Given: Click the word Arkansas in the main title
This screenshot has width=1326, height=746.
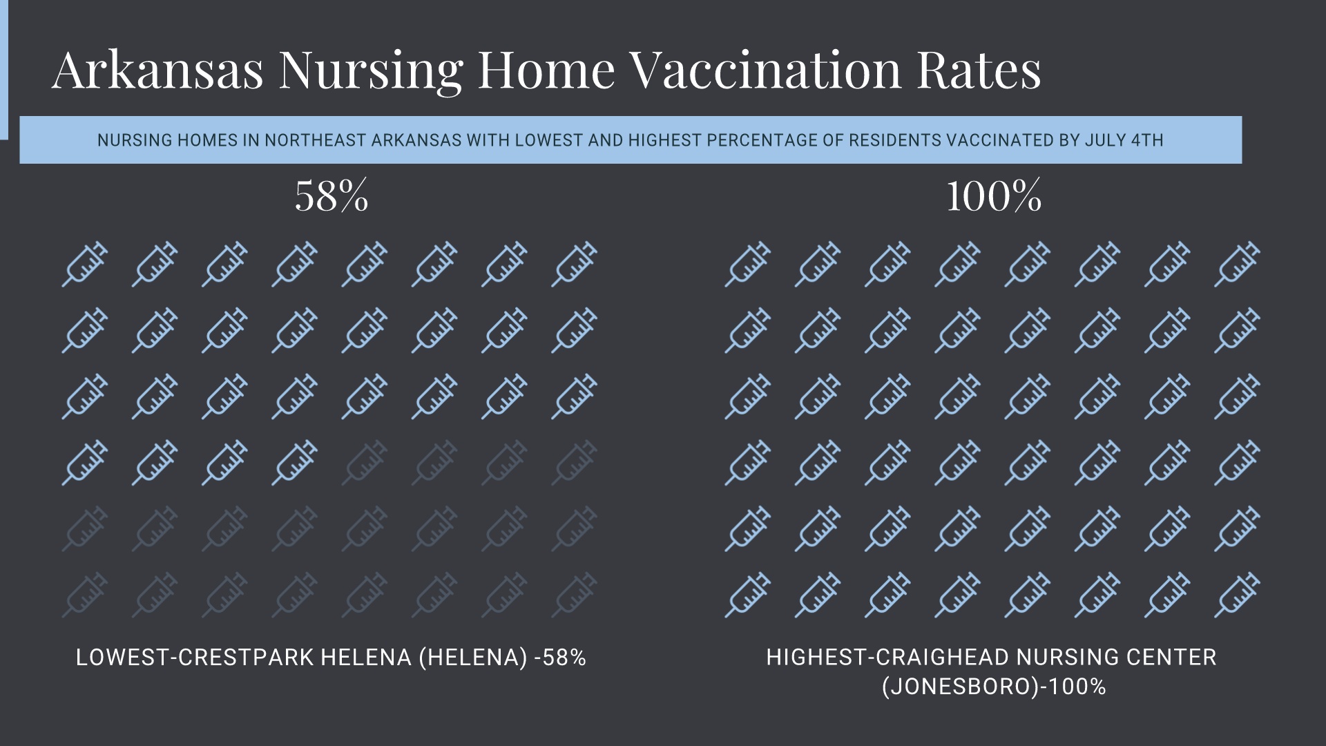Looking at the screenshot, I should point(157,70).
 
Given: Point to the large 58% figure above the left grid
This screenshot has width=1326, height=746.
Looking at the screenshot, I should point(331,196).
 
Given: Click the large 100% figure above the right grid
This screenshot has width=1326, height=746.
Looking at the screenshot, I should point(993,196).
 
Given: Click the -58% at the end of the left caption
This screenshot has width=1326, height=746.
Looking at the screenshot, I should point(560,658).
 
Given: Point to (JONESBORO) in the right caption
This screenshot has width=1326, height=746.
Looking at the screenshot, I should point(961,687).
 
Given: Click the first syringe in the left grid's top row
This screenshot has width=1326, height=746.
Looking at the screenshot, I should point(85,264).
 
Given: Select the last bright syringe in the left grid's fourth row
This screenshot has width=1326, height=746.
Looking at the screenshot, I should point(295,463).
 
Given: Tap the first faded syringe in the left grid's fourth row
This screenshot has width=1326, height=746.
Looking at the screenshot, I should point(365,463).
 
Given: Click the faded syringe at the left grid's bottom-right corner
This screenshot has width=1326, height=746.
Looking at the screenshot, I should point(574,595).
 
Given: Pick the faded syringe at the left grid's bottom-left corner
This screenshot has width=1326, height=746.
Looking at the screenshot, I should point(85,595).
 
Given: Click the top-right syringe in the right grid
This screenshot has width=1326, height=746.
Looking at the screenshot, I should point(1237,264).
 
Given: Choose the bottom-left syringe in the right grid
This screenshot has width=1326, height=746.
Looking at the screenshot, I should point(748,595).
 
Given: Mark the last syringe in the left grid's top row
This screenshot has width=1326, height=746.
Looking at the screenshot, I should point(574,264).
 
